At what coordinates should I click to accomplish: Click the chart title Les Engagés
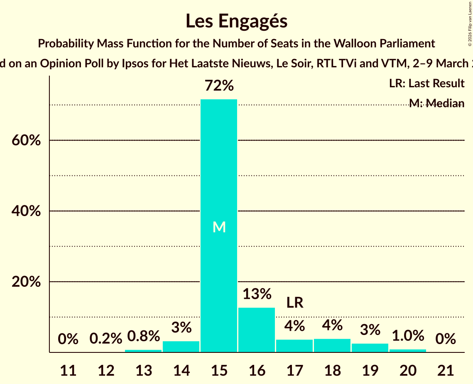(x=236, y=21)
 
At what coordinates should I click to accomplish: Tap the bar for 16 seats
(x=257, y=330)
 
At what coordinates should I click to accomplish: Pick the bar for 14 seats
(x=181, y=347)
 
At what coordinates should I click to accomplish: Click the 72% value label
(x=219, y=86)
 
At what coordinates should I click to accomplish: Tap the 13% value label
(x=257, y=294)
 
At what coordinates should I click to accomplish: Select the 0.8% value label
(x=144, y=336)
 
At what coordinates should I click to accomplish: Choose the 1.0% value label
(x=408, y=335)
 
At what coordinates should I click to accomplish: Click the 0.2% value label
(x=106, y=339)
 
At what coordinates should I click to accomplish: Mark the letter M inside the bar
(x=219, y=227)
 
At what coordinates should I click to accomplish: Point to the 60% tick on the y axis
(x=26, y=140)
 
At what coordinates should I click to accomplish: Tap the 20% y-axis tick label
(x=26, y=282)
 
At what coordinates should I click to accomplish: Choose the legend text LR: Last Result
(x=426, y=84)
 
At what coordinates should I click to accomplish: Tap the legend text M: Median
(x=436, y=103)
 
